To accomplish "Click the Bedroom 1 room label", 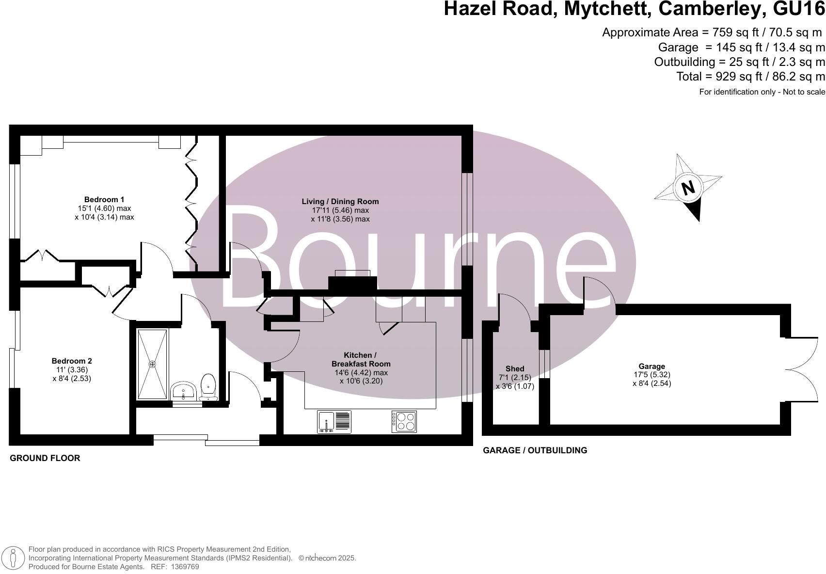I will [104, 199].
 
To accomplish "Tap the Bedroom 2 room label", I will [72, 361].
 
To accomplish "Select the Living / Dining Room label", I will [340, 201].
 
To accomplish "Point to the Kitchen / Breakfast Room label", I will [361, 359].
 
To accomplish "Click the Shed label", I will [515, 368].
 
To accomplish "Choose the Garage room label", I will [651, 366].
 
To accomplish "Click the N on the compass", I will [687, 188].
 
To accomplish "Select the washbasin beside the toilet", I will [184, 391].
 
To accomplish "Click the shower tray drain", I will [152, 364].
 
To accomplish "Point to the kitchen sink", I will [334, 421].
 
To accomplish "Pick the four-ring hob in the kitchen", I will [404, 421].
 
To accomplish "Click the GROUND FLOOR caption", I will [45, 458].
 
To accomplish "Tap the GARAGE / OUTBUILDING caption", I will [535, 450].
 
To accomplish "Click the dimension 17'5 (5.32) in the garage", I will [651, 375].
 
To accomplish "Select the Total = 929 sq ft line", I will [750, 76].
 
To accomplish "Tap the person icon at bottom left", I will [14, 558].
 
